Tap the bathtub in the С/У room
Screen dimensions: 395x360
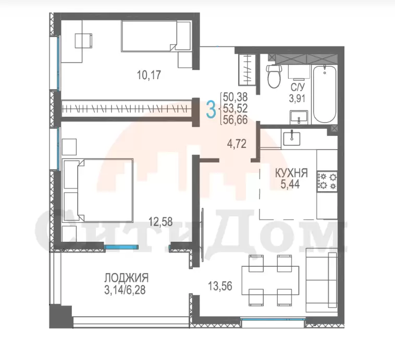click(x=325, y=94)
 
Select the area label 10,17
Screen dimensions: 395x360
click(x=149, y=75)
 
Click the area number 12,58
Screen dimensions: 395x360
click(x=161, y=222)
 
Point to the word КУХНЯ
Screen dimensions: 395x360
click(x=291, y=173)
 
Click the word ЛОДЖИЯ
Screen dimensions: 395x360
click(x=127, y=278)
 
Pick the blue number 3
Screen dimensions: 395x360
click(x=211, y=109)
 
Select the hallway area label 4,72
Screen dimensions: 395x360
click(x=237, y=144)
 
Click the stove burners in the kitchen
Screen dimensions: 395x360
click(x=327, y=180)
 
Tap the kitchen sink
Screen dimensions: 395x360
click(x=292, y=138)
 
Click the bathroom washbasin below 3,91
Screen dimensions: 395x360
click(x=299, y=117)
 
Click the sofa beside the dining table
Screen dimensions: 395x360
click(x=322, y=280)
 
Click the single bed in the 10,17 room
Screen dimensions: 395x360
click(x=156, y=36)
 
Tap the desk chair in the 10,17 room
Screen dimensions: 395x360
click(x=84, y=41)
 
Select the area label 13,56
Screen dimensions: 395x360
click(x=220, y=286)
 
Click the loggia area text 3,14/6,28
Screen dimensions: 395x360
click(x=125, y=290)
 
